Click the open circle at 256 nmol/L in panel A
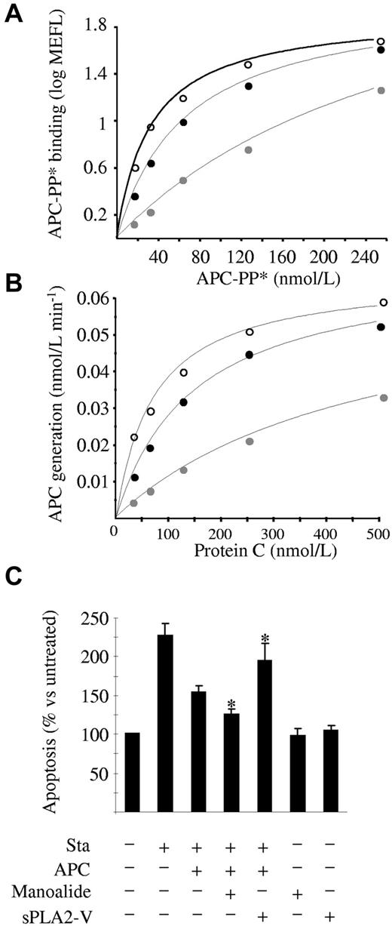(381, 42)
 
